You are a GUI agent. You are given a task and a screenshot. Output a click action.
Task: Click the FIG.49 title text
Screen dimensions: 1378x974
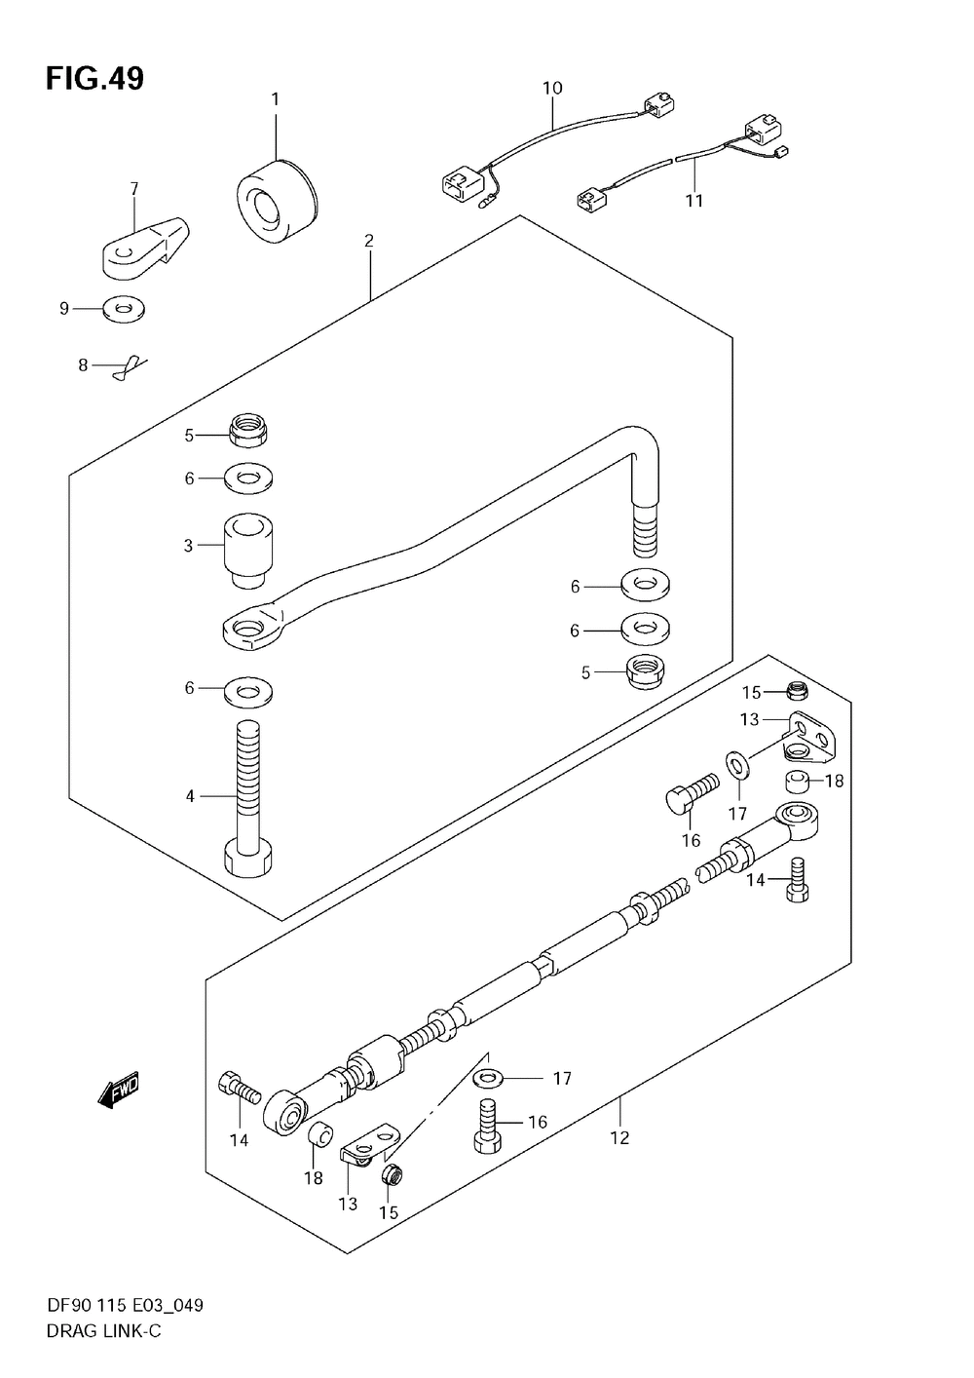(94, 78)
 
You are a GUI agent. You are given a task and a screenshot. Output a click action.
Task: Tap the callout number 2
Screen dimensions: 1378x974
(369, 241)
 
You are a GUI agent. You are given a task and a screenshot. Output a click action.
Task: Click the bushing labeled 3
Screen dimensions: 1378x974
(247, 550)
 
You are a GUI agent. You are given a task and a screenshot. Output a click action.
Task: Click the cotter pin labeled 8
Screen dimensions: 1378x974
(128, 365)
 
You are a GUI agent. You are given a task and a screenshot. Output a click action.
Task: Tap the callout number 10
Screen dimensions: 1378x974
(552, 89)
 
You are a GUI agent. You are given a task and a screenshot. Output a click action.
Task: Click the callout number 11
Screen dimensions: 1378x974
(693, 201)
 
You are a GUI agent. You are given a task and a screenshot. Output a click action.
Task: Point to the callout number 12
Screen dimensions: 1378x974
(619, 1137)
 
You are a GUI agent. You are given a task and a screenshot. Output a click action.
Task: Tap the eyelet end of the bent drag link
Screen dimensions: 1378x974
(252, 628)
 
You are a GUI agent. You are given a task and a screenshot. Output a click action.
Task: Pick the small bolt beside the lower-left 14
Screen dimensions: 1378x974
(238, 1086)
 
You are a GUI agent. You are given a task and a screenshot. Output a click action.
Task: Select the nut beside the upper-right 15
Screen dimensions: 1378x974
(799, 692)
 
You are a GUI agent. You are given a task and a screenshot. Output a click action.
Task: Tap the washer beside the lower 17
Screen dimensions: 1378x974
(488, 1079)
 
